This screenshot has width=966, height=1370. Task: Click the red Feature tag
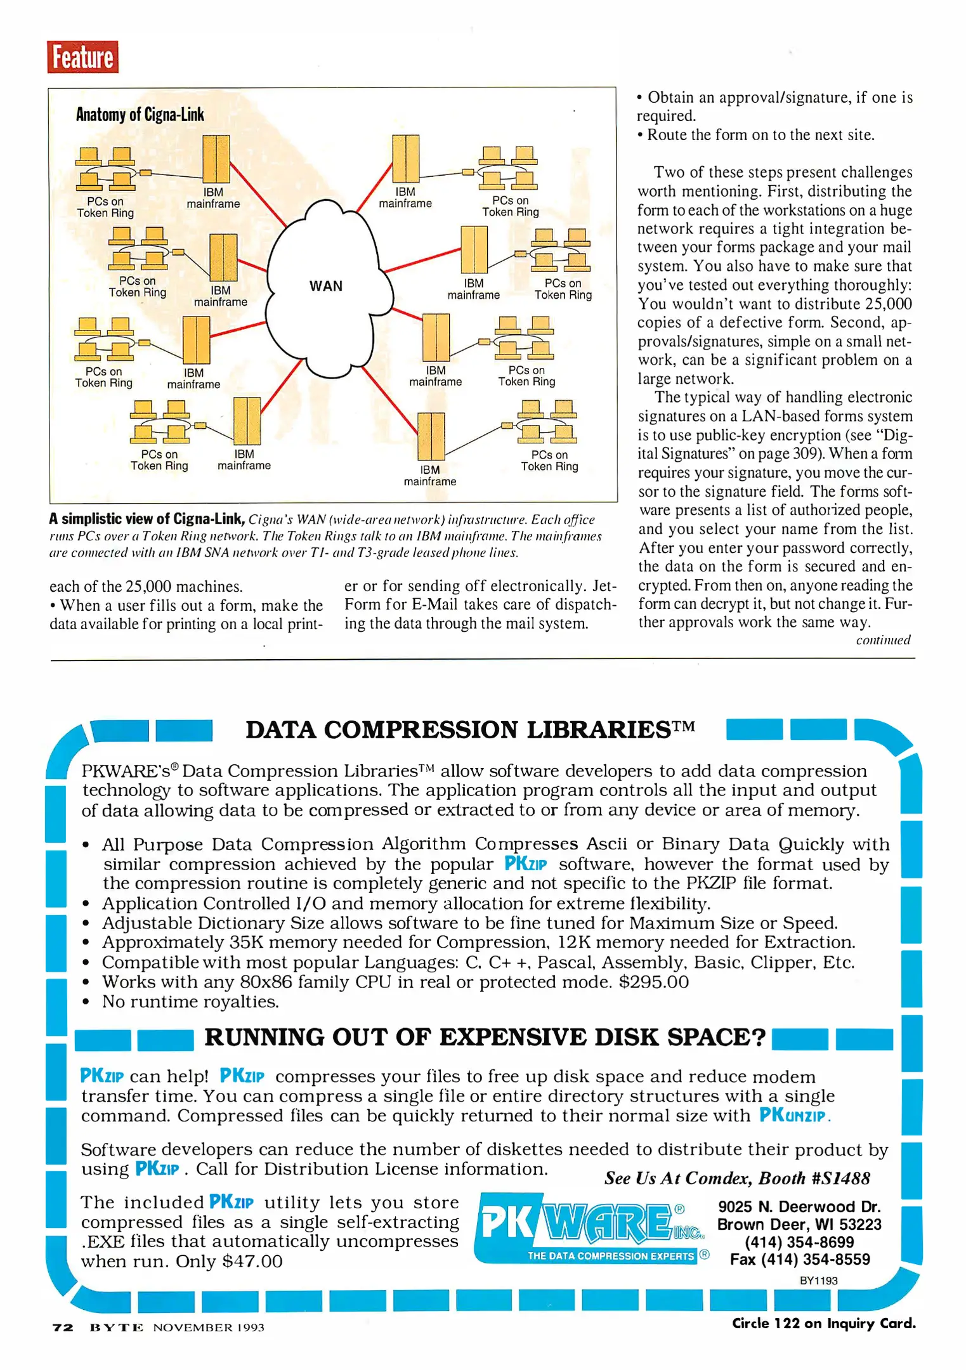(82, 57)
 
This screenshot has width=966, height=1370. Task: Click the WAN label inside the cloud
(326, 286)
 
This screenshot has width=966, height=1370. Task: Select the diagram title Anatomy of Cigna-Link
(140, 115)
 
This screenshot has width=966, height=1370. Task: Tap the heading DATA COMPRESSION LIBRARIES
(469, 730)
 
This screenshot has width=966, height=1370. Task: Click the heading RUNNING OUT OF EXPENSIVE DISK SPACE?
(485, 1038)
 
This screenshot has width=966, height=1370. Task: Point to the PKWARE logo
(591, 1228)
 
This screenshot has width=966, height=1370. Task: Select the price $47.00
(252, 1261)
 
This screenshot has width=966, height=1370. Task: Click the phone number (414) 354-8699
(799, 1242)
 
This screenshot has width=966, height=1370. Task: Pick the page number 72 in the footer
(63, 1328)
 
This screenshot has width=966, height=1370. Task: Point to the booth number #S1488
(840, 1178)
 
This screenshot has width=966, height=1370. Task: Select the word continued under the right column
(883, 640)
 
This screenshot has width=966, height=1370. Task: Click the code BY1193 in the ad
(818, 1281)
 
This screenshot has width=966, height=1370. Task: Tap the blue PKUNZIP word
(793, 1115)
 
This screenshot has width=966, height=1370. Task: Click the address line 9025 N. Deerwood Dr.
(799, 1207)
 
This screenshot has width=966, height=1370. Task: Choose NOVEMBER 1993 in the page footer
(208, 1328)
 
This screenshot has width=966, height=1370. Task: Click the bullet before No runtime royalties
(86, 1003)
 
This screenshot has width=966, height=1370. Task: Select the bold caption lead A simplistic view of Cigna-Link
(147, 519)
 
